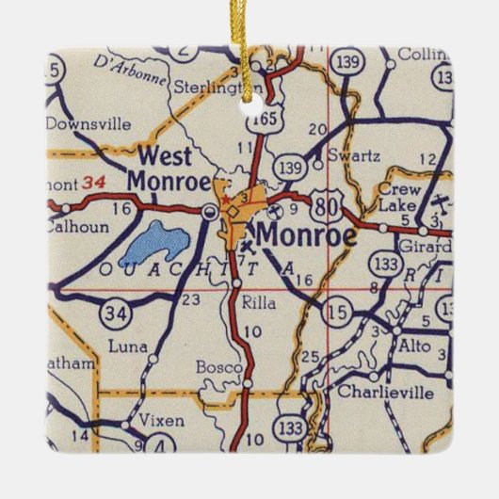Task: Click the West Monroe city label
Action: [x=169, y=168]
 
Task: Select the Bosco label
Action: [x=215, y=366]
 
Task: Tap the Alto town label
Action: [x=417, y=346]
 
